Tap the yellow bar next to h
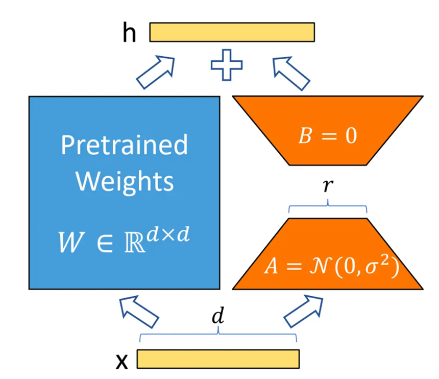232,32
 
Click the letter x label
122,360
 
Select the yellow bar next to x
218,359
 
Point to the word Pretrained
124,145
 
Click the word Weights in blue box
124,181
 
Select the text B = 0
328,137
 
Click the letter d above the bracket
218,318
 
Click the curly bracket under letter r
328,207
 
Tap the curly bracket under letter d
218,335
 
